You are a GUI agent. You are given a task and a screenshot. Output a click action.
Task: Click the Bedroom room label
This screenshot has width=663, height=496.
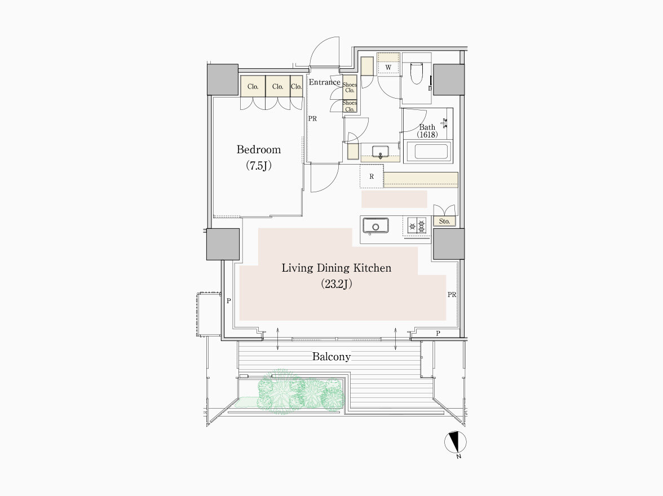(258, 150)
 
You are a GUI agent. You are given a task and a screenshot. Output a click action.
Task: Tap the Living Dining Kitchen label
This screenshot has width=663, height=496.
(337, 268)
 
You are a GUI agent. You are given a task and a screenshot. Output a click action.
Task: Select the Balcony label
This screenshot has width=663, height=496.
(331, 357)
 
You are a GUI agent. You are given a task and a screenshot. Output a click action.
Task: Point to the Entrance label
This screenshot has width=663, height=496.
(324, 82)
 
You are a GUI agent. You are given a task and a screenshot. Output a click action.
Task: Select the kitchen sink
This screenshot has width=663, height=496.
(375, 225)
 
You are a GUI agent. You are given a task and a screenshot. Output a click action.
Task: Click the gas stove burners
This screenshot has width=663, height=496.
(417, 225)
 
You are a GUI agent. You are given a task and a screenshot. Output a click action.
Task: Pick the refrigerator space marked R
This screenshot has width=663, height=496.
(372, 176)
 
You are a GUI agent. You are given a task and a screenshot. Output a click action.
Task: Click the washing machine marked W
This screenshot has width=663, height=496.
(388, 67)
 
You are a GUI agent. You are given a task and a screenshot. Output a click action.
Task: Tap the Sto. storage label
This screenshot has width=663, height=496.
(444, 221)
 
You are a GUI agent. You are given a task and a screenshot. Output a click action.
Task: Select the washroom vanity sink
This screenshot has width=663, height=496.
(380, 151)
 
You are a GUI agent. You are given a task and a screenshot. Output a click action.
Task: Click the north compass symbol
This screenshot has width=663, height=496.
(456, 442)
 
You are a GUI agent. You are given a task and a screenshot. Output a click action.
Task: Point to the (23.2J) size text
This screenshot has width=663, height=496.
(337, 284)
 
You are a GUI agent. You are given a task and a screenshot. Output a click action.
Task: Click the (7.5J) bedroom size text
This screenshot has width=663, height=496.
(258, 166)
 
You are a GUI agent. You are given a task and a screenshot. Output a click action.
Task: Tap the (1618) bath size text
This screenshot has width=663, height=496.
(427, 135)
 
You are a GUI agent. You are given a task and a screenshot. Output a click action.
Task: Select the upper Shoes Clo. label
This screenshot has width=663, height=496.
(350, 87)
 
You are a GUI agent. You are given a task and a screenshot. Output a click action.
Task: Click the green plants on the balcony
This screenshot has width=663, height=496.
(301, 392)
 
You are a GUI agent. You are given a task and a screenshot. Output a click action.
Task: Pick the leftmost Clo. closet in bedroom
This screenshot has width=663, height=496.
(253, 86)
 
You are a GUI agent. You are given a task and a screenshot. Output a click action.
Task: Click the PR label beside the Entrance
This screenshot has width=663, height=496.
(312, 119)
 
